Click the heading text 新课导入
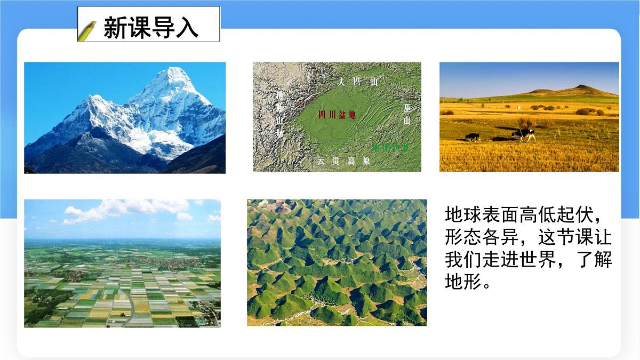[151, 27]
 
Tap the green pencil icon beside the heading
[87, 31]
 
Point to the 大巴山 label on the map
[358, 82]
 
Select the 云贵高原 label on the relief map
[343, 161]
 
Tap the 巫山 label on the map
[407, 114]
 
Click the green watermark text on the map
[390, 147]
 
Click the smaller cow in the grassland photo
[473, 137]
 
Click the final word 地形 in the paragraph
[462, 283]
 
